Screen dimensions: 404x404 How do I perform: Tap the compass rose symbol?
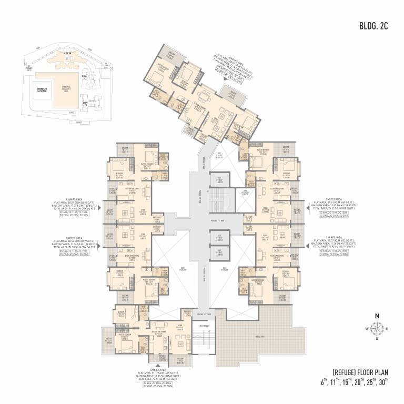point(377,328)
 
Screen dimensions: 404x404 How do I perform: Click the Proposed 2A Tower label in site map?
point(42,89)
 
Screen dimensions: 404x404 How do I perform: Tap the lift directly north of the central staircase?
point(219,180)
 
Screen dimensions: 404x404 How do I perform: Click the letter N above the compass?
point(377,316)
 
